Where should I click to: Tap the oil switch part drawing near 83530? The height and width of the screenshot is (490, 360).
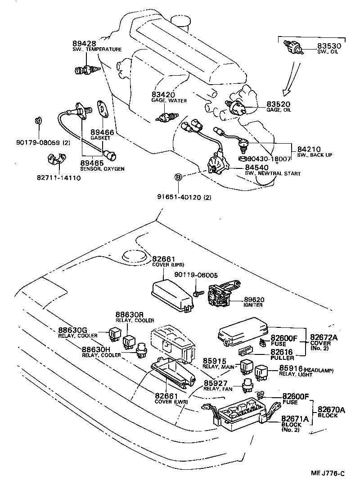tap(293, 47)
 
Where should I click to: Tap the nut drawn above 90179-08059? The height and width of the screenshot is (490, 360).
tap(38, 121)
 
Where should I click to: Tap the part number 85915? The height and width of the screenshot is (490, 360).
tap(216, 360)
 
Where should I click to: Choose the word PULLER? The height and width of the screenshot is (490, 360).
tap(282, 358)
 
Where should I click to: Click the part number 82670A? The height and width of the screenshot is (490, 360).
tap(331, 409)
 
